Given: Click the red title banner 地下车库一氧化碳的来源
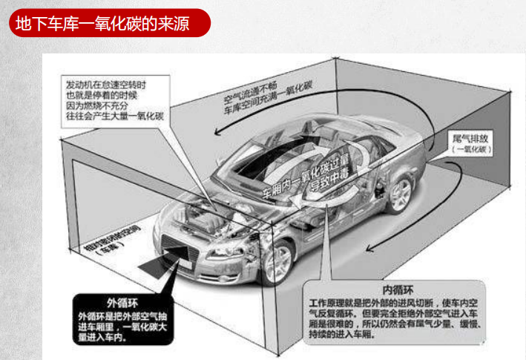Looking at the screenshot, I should (108, 22).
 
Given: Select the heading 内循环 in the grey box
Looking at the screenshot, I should (397, 288).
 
